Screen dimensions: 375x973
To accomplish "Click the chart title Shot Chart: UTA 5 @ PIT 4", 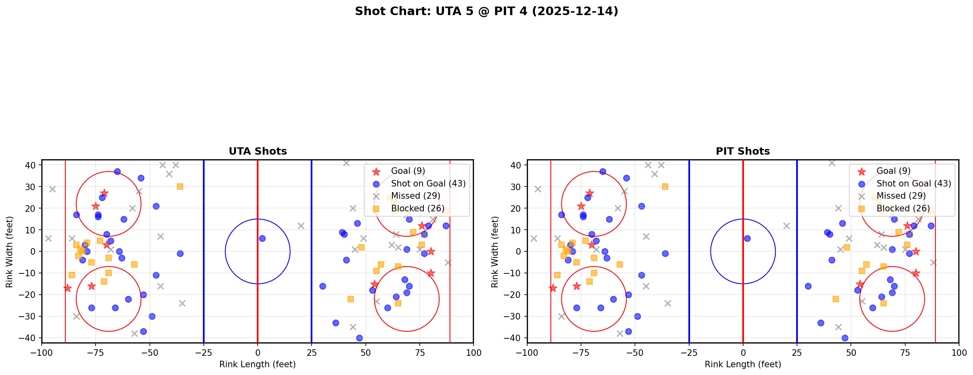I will (486, 11).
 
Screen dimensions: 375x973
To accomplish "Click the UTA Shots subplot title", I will (258, 151).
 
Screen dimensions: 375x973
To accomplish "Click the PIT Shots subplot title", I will (743, 151).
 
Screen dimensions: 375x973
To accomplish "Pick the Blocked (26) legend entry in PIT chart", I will (903, 209).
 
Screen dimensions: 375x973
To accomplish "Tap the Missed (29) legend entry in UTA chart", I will (415, 196).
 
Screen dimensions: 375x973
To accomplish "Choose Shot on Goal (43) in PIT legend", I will (913, 184).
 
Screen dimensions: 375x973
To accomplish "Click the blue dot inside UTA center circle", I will (262, 238).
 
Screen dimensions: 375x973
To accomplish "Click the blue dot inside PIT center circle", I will (747, 238).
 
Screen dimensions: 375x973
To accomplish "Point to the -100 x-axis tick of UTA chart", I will (42, 352).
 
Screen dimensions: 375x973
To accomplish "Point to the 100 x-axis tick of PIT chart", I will (959, 352).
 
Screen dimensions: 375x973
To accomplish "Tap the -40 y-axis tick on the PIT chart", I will (514, 338).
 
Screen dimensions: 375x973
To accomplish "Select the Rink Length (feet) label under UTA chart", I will (257, 364).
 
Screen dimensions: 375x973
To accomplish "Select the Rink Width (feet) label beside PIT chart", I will (495, 251).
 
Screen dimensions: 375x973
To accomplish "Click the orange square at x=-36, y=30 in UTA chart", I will (180, 186).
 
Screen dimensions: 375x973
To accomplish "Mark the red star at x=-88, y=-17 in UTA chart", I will (67, 288).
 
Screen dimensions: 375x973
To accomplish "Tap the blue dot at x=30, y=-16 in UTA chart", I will (323, 286).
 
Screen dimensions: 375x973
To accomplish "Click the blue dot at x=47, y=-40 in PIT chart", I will (844, 338).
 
